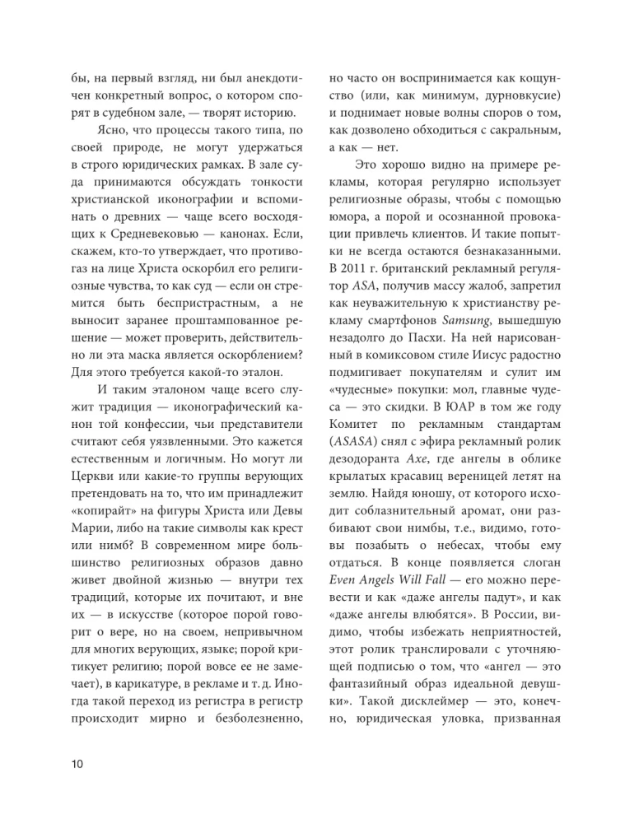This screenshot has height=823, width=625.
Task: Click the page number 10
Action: coord(72,764)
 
